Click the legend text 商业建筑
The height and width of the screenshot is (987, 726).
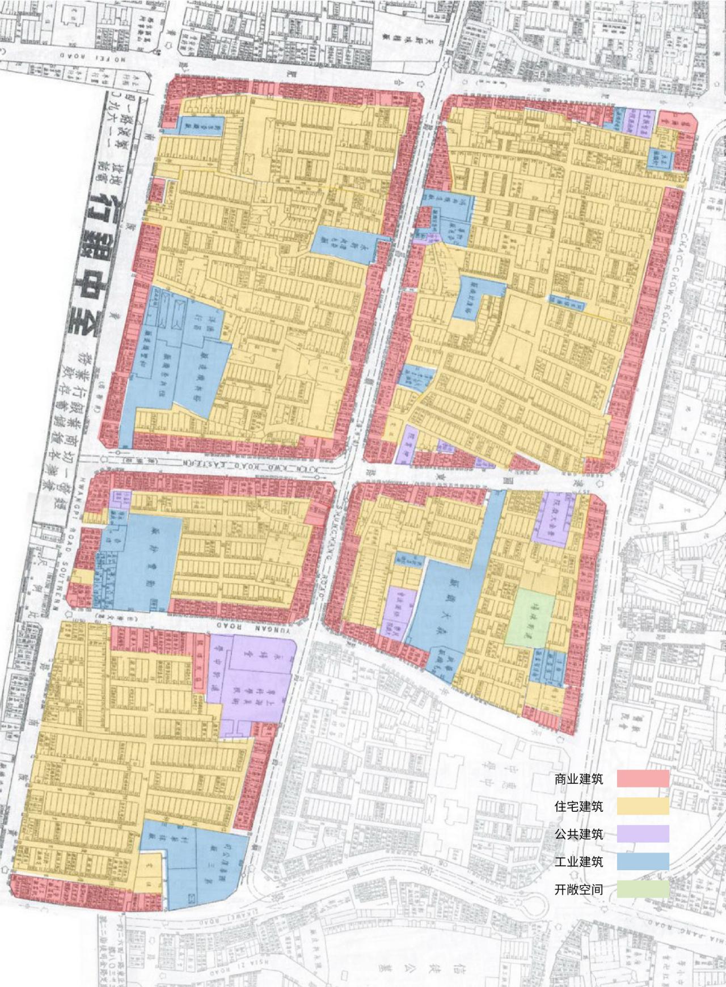(579, 779)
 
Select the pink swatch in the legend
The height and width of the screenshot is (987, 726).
(643, 779)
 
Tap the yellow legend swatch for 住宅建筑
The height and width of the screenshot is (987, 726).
(643, 806)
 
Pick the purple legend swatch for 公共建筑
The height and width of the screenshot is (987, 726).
(643, 834)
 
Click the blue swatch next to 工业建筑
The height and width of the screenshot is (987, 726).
(643, 862)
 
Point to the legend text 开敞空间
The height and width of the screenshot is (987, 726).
(579, 889)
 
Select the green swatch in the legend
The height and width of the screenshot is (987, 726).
(643, 889)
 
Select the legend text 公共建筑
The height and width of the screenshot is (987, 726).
(579, 834)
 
